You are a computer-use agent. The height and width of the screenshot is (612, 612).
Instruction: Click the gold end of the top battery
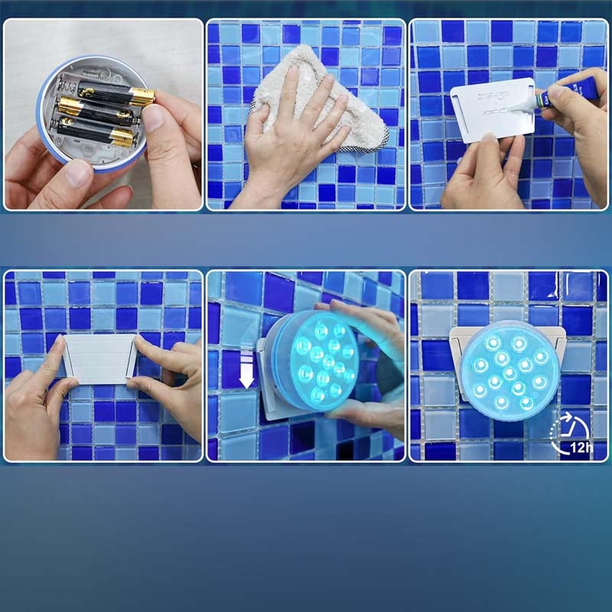click(x=141, y=97)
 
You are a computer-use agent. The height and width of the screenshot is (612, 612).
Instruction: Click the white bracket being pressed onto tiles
click(x=99, y=357)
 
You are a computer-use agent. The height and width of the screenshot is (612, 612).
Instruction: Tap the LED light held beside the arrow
click(x=314, y=360)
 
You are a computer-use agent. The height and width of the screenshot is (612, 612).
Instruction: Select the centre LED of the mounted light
click(x=509, y=372)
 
